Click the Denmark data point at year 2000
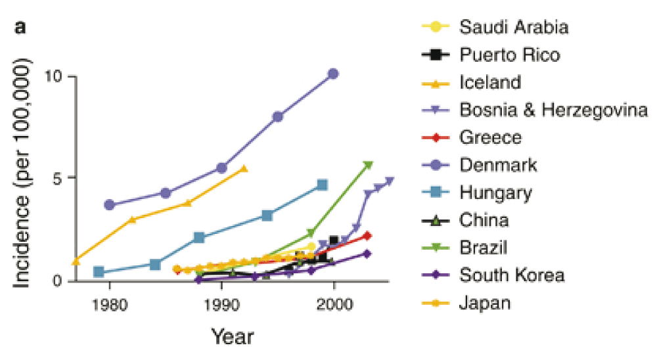tap(333, 74)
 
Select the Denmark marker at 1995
tap(278, 116)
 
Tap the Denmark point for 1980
tap(110, 205)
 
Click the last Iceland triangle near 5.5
tap(244, 169)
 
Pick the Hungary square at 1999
tap(322, 185)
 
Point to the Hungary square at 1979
tap(99, 272)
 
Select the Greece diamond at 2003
tap(367, 235)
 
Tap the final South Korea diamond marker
tap(367, 254)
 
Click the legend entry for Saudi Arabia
tap(514, 27)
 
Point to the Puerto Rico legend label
tap(510, 55)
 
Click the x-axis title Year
tap(232, 337)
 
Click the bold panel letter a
tap(20, 28)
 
